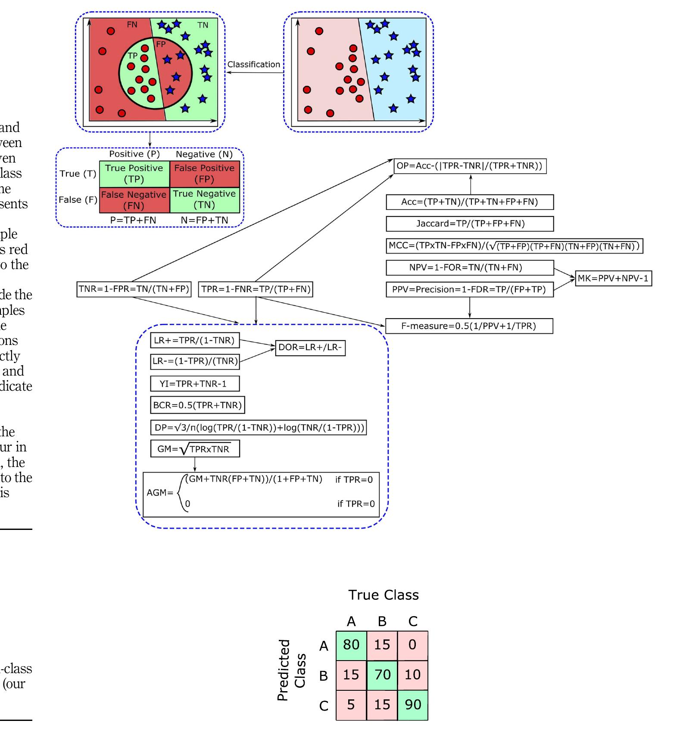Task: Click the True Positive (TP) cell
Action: click(x=134, y=173)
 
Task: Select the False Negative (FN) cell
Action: click(x=134, y=200)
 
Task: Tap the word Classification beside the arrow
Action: click(x=253, y=65)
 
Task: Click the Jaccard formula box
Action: click(x=470, y=224)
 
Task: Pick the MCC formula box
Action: click(x=514, y=246)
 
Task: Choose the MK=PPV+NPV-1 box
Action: click(x=613, y=279)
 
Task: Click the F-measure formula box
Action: click(x=468, y=326)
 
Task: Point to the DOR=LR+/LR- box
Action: click(x=310, y=348)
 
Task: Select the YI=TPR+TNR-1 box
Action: click(x=195, y=384)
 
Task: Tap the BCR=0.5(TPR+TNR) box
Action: click(x=197, y=405)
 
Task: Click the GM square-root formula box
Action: click(x=195, y=449)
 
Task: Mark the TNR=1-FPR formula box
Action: click(x=134, y=289)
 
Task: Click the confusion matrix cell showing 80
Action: click(x=351, y=645)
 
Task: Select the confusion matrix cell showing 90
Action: click(x=413, y=705)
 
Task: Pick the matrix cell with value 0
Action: click(x=413, y=645)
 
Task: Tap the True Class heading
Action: click(x=384, y=595)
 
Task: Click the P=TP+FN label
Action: click(x=133, y=220)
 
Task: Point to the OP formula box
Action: click(x=470, y=166)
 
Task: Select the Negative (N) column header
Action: click(x=204, y=154)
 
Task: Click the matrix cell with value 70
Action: click(x=382, y=675)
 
